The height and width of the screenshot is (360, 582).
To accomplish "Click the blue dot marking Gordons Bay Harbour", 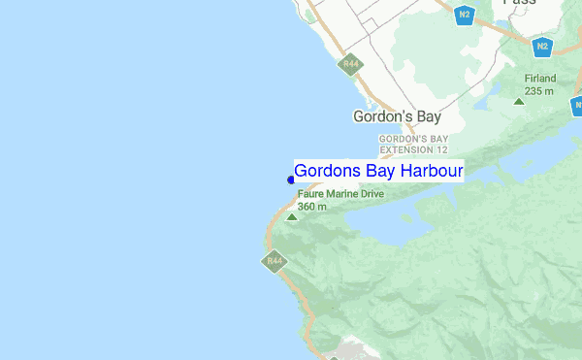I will (x=291, y=180).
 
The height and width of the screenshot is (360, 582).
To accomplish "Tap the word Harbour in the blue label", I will (x=430, y=171).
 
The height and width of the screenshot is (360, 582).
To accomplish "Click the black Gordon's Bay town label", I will (x=397, y=116).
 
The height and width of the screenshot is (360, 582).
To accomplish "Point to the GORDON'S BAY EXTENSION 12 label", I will (x=413, y=145).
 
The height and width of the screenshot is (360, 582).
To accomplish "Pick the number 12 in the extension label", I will (x=441, y=150).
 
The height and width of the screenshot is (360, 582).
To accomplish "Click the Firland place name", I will (x=539, y=79).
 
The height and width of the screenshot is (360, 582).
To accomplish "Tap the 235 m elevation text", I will (x=539, y=91).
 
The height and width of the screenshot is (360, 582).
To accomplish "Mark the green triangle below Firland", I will (x=519, y=100).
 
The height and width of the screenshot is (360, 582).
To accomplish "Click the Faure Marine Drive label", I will (x=340, y=194).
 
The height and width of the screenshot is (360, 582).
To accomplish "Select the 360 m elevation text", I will (x=312, y=207).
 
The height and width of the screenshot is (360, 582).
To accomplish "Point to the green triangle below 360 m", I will (x=292, y=217).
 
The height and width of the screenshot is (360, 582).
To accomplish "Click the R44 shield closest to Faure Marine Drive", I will (x=275, y=260).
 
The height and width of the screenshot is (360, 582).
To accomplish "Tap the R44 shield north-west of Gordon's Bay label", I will (x=350, y=65).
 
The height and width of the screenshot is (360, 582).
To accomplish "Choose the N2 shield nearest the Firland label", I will (x=542, y=46).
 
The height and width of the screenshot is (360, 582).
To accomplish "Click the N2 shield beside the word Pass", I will (x=466, y=15).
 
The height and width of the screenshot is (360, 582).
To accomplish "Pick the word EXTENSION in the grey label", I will (x=405, y=150).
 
